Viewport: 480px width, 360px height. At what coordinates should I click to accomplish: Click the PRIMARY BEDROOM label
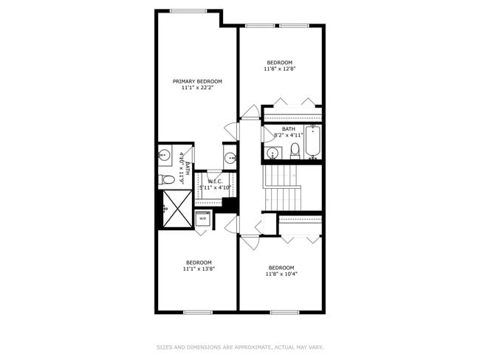click(197, 81)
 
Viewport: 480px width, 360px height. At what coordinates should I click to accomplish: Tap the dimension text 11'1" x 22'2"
click(197, 88)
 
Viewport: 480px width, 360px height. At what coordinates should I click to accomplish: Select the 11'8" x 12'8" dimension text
click(280, 69)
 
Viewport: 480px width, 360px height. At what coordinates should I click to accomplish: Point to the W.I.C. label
click(216, 181)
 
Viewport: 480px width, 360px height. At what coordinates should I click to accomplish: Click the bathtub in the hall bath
click(312, 143)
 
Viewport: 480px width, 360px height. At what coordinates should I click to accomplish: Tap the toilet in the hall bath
click(295, 151)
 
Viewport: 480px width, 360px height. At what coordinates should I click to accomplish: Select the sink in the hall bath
click(272, 153)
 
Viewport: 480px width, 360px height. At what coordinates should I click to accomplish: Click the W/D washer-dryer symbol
click(202, 219)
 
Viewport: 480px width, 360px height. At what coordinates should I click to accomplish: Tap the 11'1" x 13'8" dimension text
click(199, 269)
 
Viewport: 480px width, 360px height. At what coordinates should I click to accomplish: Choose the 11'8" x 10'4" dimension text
click(281, 274)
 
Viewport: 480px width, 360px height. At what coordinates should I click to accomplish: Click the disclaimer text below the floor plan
click(240, 346)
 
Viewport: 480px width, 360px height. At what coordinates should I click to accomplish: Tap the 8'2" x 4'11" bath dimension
click(289, 135)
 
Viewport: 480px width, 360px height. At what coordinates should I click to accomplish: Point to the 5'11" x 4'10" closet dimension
click(216, 188)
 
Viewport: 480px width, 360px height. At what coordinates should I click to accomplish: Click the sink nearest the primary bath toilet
click(164, 156)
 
